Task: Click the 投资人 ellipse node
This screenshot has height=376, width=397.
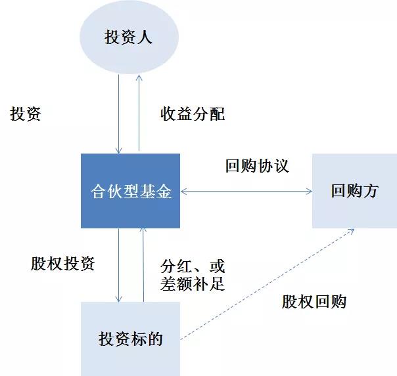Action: point(129,37)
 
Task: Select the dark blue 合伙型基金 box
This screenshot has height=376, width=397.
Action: point(130,191)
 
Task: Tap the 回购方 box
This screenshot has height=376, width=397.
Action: point(354,191)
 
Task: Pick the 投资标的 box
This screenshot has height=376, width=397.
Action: point(130,339)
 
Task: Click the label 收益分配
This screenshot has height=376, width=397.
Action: point(193,114)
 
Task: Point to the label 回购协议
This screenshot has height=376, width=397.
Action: point(257,166)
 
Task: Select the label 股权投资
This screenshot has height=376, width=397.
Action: point(62,264)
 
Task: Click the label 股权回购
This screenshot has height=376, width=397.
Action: point(314,301)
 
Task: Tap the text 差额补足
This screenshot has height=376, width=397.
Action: point(193,283)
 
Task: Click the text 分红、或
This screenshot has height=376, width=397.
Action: point(193,266)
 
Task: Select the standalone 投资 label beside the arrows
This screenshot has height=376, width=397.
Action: point(26,114)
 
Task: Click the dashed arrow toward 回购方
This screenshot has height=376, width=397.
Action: point(267,284)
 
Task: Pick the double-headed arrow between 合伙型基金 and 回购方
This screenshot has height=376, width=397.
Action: point(246,192)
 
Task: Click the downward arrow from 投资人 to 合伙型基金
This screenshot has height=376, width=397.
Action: point(118,114)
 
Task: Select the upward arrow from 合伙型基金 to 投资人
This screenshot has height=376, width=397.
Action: point(139,113)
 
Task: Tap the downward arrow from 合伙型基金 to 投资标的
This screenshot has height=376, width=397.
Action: point(118,265)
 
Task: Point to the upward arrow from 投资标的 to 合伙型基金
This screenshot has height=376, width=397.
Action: point(143,265)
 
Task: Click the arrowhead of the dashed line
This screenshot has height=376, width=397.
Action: point(352,231)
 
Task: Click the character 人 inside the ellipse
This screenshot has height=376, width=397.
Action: point(145,37)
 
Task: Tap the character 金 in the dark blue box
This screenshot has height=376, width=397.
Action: point(164,191)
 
